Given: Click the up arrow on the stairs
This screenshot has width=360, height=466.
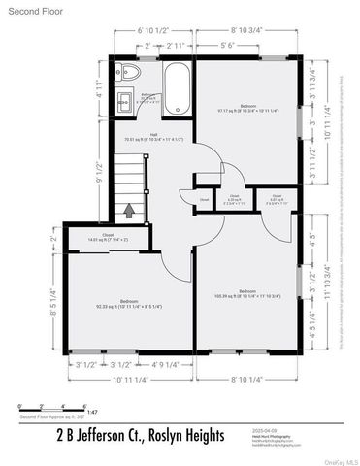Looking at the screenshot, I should pos(129,209).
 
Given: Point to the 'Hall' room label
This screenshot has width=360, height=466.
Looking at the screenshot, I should pos(154,136).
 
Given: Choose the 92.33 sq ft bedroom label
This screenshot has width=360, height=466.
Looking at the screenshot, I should pos(127,304).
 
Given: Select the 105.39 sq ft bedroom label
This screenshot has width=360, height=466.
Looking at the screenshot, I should pos(247,292).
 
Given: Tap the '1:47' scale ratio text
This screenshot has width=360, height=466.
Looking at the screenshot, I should pos(94,412).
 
